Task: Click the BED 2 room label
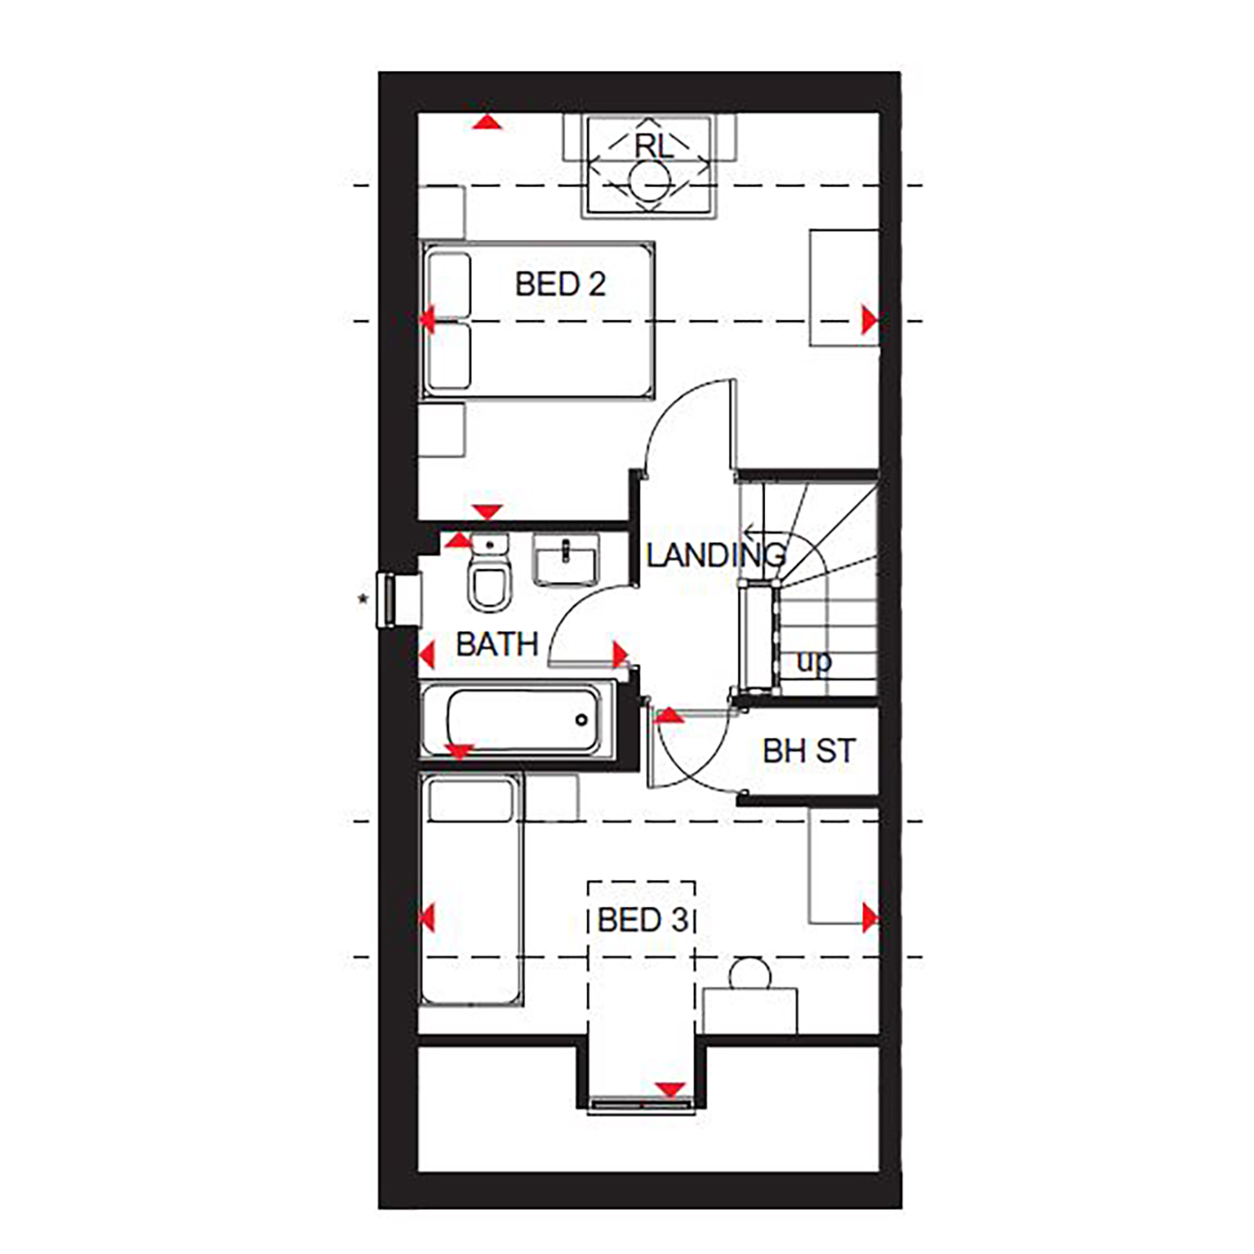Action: point(560,284)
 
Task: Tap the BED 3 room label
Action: point(643,920)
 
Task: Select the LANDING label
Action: point(716,555)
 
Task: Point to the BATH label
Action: point(497,645)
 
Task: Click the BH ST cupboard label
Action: point(809,751)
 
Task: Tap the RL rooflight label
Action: point(653,145)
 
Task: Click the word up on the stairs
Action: point(813,662)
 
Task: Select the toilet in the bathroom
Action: point(489,573)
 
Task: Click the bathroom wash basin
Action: point(566,559)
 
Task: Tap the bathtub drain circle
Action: point(581,720)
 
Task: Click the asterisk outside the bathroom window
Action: point(363,599)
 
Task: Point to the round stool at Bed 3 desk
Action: point(749,974)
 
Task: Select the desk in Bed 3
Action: point(750,1012)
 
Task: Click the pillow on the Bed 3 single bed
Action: point(470,800)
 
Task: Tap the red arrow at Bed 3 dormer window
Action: point(670,1089)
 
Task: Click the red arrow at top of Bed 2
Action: point(487,122)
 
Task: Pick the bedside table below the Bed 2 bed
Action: point(441,430)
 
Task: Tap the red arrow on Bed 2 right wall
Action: point(870,320)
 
